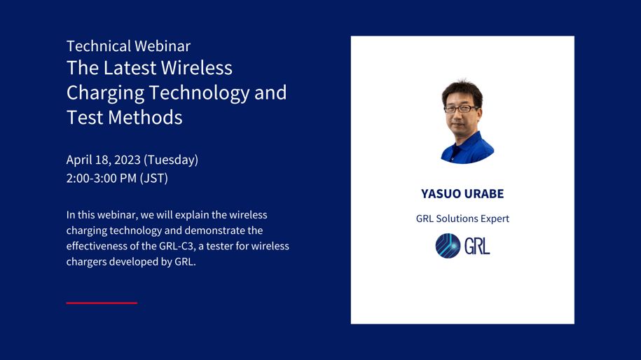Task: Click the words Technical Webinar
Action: pyautogui.click(x=128, y=46)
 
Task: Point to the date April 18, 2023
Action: pyautogui.click(x=103, y=160)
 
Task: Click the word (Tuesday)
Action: pyautogui.click(x=171, y=160)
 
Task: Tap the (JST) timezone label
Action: pyautogui.click(x=154, y=178)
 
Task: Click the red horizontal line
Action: pyautogui.click(x=102, y=303)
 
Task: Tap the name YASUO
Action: pyautogui.click(x=441, y=193)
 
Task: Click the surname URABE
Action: pyautogui.click(x=484, y=193)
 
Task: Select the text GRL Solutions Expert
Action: pyautogui.click(x=462, y=219)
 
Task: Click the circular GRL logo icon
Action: pyautogui.click(x=448, y=246)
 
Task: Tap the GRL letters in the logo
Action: pyautogui.click(x=477, y=246)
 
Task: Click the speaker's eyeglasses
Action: pyautogui.click(x=460, y=109)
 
